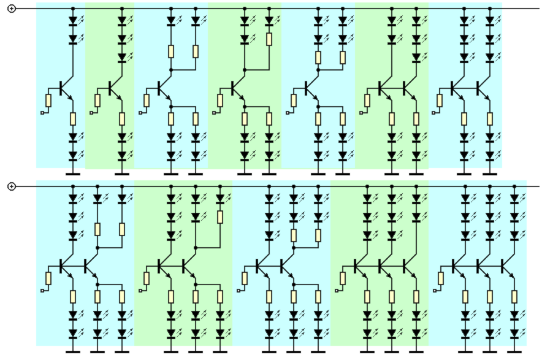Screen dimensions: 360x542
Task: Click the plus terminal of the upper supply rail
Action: tap(11, 9)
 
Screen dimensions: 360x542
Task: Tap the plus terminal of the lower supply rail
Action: tap(11, 186)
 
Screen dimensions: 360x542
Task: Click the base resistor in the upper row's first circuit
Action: tap(48, 101)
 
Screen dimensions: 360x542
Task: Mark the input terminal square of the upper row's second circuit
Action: tap(91, 113)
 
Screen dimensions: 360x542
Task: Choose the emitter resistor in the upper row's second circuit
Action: tap(122, 118)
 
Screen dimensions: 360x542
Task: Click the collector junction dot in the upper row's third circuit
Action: tap(171, 71)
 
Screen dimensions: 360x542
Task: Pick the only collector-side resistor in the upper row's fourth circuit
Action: tap(269, 39)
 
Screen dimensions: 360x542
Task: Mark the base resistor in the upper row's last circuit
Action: tap(440, 101)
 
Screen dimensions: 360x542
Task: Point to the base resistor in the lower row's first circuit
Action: tap(48, 278)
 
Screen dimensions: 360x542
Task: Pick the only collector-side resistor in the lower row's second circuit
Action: tap(220, 217)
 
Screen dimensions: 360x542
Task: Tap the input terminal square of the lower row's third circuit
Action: tap(239, 291)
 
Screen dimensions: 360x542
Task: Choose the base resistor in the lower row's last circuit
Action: tap(441, 278)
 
